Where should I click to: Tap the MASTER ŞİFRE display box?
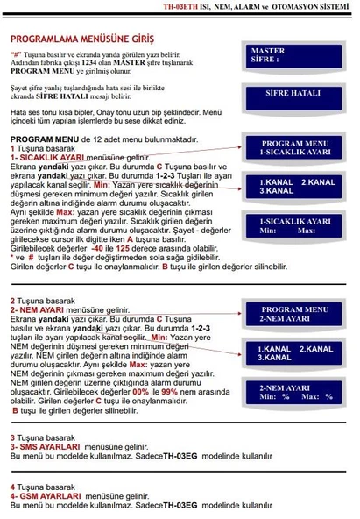[x=288, y=56]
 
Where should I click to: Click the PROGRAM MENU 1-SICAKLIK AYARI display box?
[x=288, y=147]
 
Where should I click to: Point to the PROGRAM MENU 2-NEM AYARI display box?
[x=288, y=315]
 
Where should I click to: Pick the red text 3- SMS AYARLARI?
[x=44, y=447]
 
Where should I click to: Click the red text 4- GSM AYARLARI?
[x=45, y=496]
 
